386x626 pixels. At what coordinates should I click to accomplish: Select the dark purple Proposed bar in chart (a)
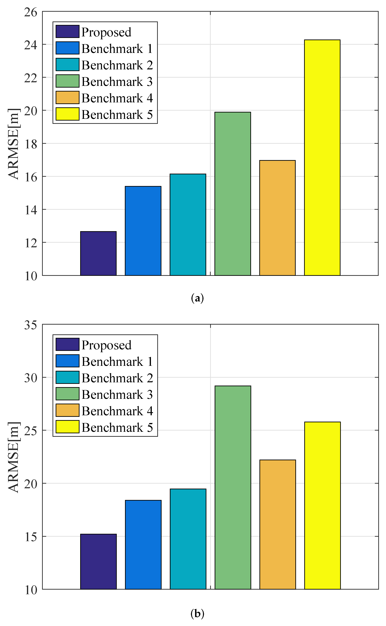(x=98, y=253)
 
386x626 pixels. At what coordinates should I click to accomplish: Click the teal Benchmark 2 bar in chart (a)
(x=188, y=224)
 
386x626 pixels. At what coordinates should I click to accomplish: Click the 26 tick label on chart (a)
(x=31, y=12)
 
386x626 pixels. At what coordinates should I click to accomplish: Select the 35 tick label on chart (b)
(x=31, y=325)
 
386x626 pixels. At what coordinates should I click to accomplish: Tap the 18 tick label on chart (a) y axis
(x=31, y=144)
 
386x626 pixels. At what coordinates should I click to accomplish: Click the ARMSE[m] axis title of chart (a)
(x=13, y=144)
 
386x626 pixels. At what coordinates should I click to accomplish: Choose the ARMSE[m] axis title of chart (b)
(x=13, y=457)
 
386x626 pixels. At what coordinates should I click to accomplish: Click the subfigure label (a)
(x=197, y=298)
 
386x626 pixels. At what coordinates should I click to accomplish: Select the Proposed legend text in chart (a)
(x=106, y=32)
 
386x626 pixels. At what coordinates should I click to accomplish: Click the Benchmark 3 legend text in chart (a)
(x=117, y=82)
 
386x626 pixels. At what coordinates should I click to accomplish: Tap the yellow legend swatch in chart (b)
(x=67, y=427)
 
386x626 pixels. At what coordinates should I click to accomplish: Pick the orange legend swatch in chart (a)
(x=67, y=98)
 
